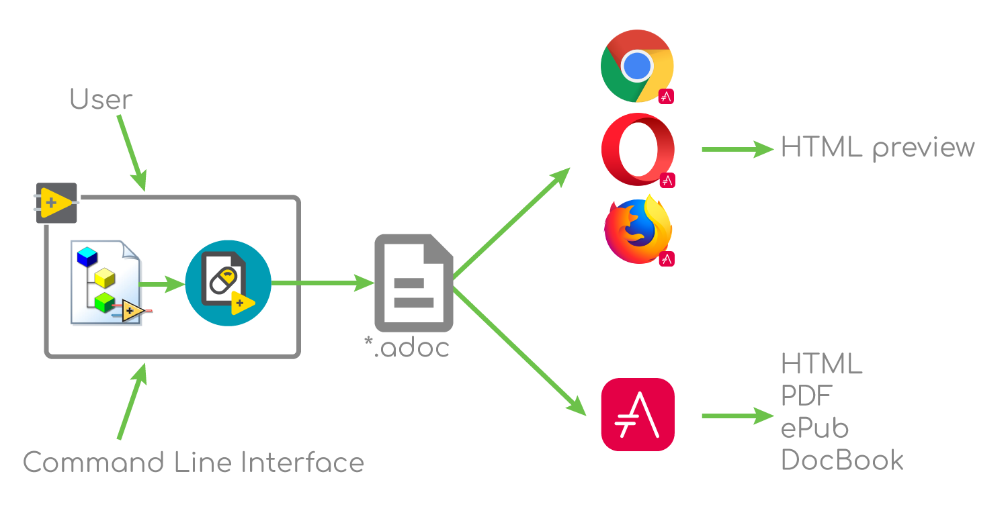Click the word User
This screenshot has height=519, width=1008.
coord(101,100)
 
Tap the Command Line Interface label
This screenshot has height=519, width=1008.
coord(194,463)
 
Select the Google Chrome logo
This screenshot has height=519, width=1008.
coord(636,66)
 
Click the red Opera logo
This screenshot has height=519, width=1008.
coord(637,149)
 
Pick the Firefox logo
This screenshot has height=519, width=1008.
coord(637,230)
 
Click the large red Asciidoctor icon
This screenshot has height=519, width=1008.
coord(637,414)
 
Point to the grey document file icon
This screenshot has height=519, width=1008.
coord(414,283)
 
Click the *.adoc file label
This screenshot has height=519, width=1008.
coord(407,347)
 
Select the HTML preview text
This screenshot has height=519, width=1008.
coord(878,147)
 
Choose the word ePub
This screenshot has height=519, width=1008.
coord(814,428)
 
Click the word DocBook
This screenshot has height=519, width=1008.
coord(842,461)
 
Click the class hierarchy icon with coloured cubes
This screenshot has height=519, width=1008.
coord(112,283)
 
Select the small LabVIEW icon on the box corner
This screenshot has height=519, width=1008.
coord(57,202)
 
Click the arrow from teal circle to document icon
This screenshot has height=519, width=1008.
coord(323,283)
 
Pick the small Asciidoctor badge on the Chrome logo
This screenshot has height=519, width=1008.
coord(666,96)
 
